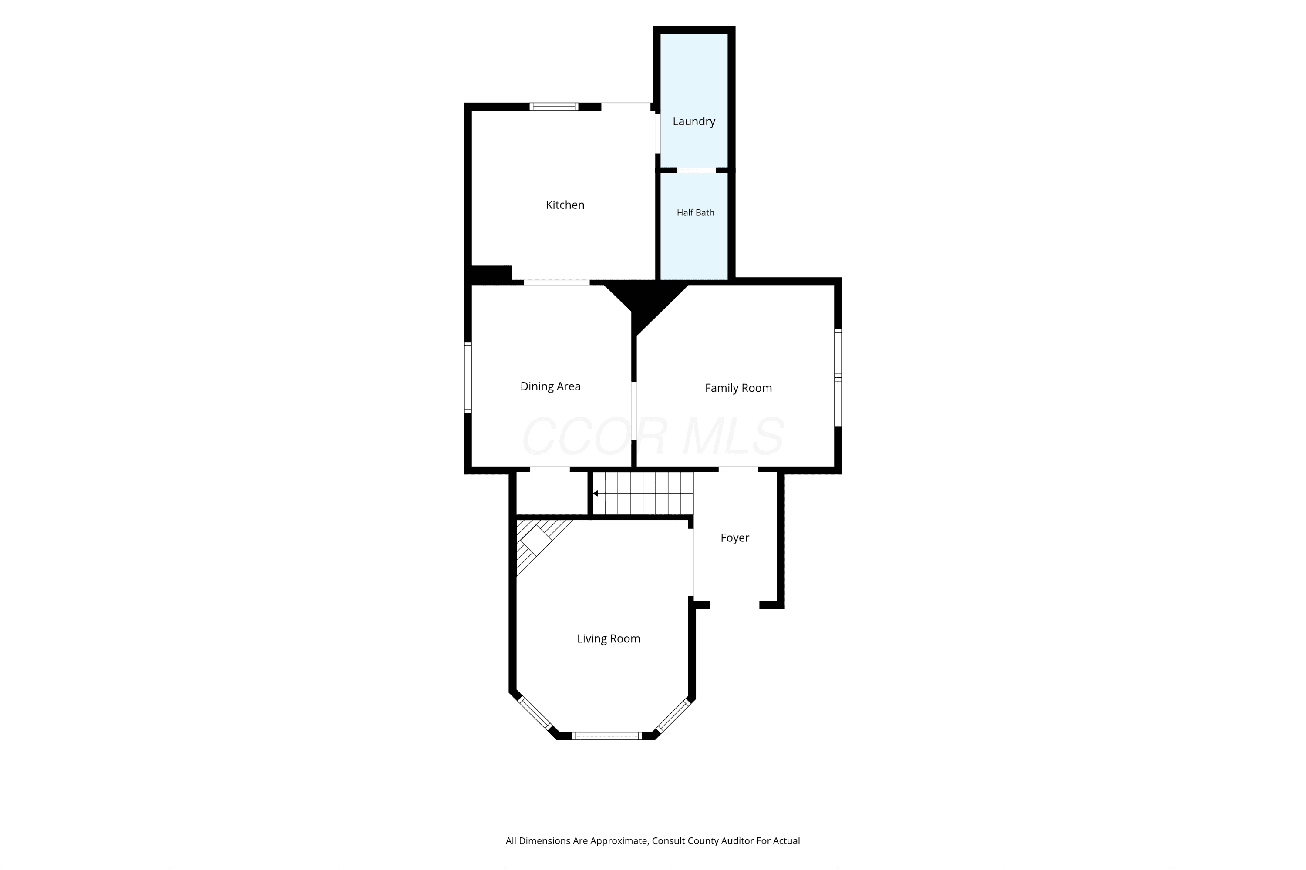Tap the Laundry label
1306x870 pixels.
pos(694,121)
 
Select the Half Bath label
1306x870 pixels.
pos(696,212)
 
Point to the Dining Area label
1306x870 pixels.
pos(550,386)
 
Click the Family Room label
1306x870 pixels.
pos(738,388)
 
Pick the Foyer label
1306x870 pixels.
pos(735,537)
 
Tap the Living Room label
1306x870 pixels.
pos(608,638)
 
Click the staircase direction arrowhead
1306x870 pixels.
pos(595,493)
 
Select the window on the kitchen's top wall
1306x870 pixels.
pos(554,107)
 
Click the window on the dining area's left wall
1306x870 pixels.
pos(468,377)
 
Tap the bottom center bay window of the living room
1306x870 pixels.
pos(607,736)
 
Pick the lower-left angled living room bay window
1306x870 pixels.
pos(535,713)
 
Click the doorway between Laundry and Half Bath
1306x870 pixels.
pos(696,170)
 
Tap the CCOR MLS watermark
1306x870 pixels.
pos(653,436)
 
